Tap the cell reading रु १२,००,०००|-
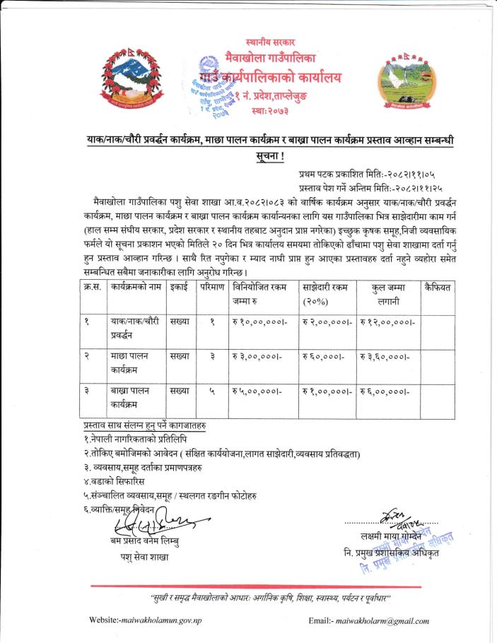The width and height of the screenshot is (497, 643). pyautogui.click(x=388, y=322)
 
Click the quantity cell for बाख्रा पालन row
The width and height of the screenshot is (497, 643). pyautogui.click(x=203, y=391)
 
